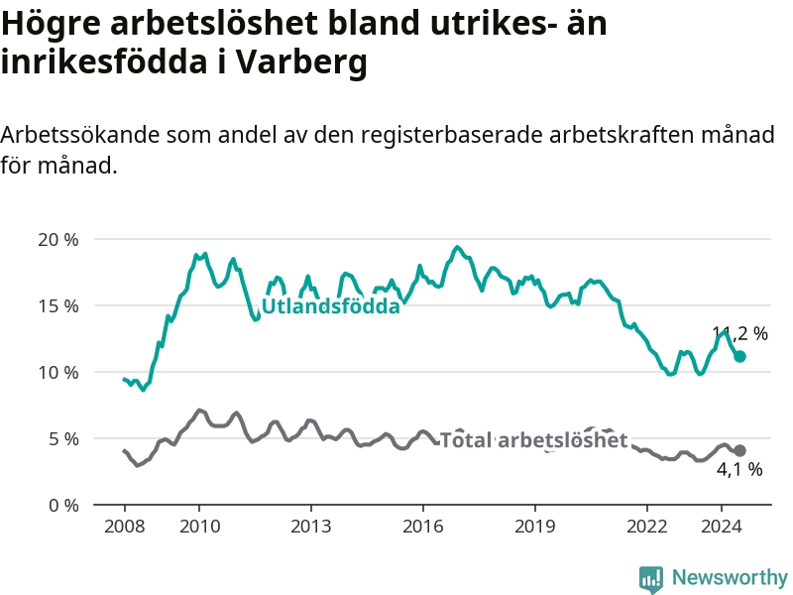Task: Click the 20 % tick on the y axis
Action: [58, 239]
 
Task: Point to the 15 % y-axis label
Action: [58, 306]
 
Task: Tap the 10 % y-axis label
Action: [58, 373]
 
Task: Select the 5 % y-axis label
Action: [63, 439]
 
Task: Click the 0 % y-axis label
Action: [63, 506]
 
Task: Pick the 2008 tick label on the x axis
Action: [125, 527]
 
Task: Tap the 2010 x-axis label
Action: [200, 527]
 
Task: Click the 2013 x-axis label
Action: [311, 527]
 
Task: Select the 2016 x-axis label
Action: [423, 527]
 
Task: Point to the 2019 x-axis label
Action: [535, 527]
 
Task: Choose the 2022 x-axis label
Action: [647, 527]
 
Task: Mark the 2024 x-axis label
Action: [722, 527]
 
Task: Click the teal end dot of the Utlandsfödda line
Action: [739, 357]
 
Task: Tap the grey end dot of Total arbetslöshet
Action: [739, 450]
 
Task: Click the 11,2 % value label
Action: [739, 333]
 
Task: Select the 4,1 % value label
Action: [739, 469]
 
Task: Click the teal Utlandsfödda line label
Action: [331, 306]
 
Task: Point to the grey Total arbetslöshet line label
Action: [534, 440]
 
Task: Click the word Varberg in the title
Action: [302, 62]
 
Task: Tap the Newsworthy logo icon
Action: [651, 579]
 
